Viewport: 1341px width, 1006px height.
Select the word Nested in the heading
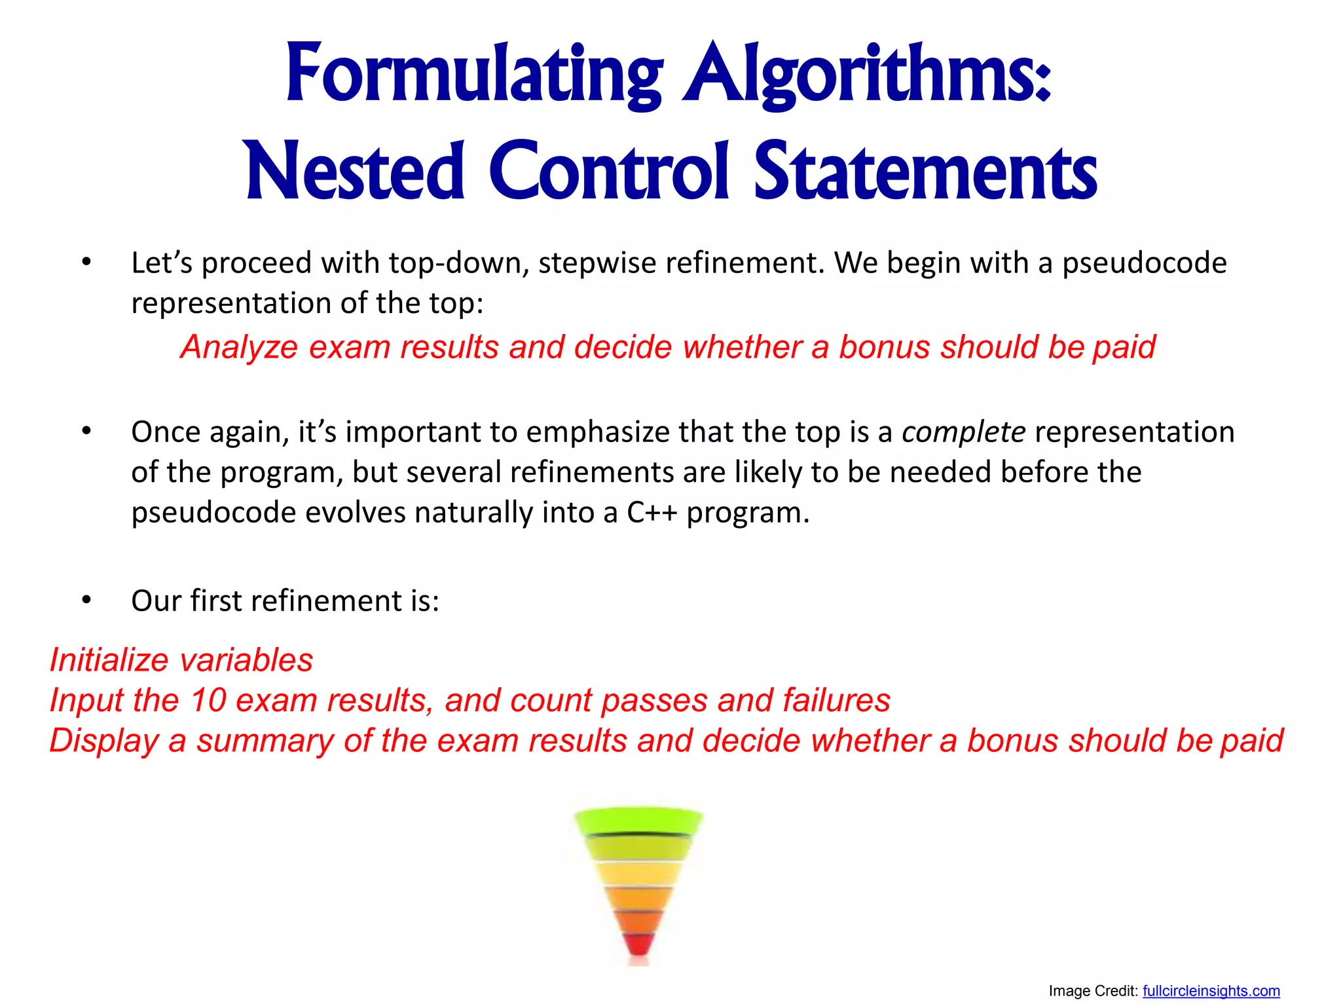coord(354,172)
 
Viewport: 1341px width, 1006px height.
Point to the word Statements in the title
coord(925,172)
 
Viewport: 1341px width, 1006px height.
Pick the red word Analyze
coord(240,347)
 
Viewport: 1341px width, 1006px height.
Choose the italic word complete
coord(963,432)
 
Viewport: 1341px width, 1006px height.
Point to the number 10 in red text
coord(208,700)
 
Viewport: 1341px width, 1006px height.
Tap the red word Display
coord(104,741)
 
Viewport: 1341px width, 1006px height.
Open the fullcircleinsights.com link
coord(1211,991)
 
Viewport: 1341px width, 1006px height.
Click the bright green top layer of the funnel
coord(638,821)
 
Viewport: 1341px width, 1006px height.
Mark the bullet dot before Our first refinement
coord(86,600)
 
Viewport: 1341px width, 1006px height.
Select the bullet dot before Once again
coord(86,431)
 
